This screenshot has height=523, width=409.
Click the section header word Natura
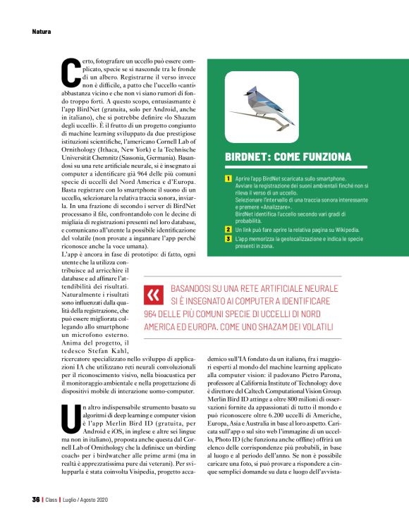(x=42, y=31)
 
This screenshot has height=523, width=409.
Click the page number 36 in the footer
(x=35, y=500)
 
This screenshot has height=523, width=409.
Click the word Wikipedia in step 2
(x=328, y=230)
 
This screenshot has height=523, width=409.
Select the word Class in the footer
(x=53, y=500)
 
